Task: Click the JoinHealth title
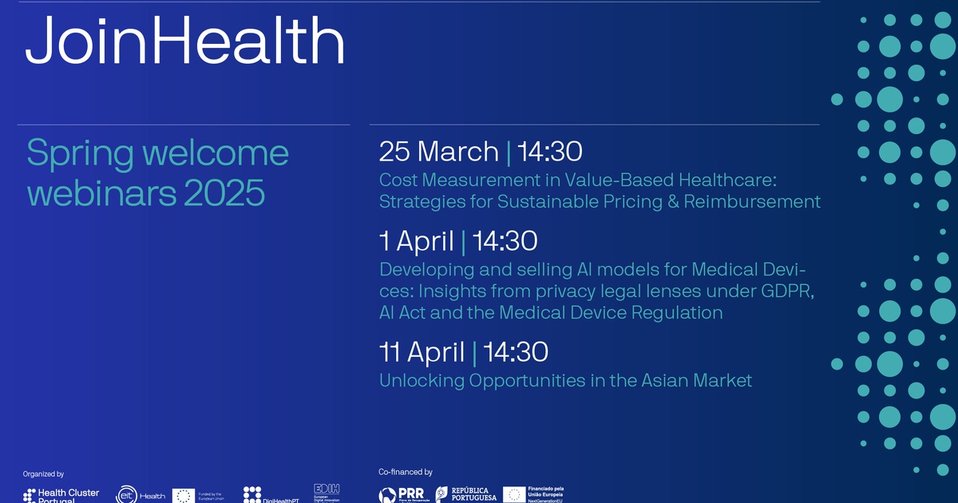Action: pos(185,42)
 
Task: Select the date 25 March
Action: pos(438,151)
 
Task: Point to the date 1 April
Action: pos(416,240)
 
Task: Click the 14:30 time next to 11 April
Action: pos(516,351)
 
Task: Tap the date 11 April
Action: pos(422,351)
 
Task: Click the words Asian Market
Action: pos(696,381)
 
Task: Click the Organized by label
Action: pos(44,473)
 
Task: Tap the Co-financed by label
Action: pos(406,472)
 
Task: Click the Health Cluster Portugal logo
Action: pos(61,495)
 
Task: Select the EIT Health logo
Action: pos(141,495)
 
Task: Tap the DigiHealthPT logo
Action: pos(263,495)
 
